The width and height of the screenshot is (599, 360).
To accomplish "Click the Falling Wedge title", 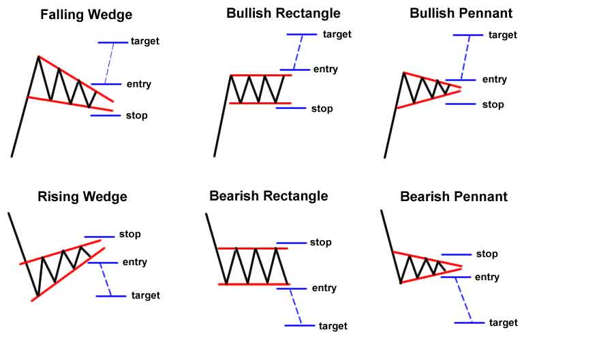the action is pos(87,15).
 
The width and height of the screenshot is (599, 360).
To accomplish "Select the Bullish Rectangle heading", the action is pos(283,14).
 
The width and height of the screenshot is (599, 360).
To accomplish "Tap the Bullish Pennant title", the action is pos(461,13).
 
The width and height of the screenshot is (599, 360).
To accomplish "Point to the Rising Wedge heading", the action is pos(82,197).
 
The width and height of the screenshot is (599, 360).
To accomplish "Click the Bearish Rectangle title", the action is pos(268,196).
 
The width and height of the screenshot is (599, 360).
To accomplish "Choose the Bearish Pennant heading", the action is pos(454,196).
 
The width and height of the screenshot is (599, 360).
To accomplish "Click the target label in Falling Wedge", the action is pos(144,42).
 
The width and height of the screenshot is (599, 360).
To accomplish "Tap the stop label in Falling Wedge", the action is pos(137,115).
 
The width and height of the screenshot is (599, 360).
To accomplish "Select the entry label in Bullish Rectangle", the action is pos(326,69).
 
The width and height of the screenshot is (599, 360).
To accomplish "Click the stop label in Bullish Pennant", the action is pos(493,105).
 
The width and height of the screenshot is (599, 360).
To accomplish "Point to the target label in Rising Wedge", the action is pos(146,295).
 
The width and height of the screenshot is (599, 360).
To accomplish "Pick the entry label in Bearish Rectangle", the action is pos(324,288).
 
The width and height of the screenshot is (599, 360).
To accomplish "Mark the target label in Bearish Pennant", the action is pos(504,323).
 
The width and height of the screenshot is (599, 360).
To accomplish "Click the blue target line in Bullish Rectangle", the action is pos(302,34).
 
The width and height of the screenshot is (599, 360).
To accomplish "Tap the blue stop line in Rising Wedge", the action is pos(99,237).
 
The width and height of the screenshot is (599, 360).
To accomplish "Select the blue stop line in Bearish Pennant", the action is pos(457,254).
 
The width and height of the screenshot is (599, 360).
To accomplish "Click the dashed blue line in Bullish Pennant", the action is pos(465,57).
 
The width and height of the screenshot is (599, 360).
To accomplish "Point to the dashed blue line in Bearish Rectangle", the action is pos(296,307).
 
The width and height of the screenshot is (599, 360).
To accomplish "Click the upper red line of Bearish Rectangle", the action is pos(253,248).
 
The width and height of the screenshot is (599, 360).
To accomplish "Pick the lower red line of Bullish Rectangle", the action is pos(260,103).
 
